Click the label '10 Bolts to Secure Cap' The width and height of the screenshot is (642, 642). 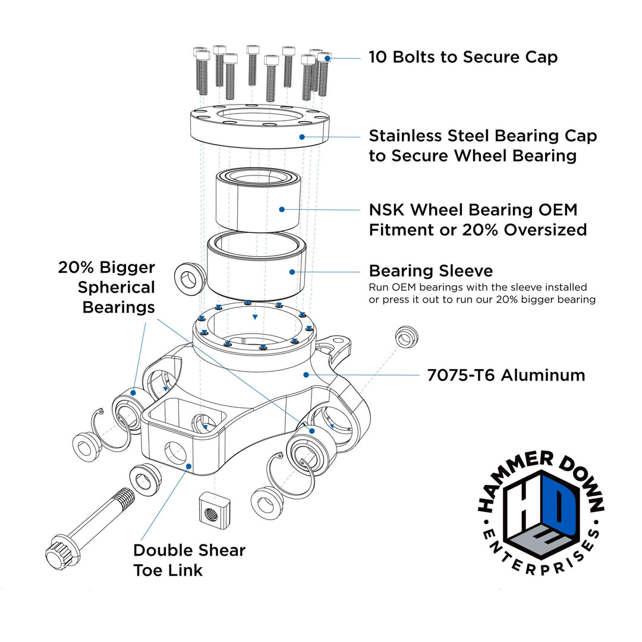click(462, 57)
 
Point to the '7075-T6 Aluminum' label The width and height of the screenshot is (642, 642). click(506, 375)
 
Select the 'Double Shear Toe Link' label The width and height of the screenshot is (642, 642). click(188, 560)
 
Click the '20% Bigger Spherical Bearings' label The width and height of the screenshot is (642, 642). click(106, 287)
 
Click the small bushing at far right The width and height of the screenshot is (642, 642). click(406, 336)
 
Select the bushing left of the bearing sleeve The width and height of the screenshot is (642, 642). click(189, 278)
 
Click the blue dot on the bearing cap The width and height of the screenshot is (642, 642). click(302, 137)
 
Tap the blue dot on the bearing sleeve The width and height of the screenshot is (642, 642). click(292, 272)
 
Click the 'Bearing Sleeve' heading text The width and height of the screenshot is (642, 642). click(430, 271)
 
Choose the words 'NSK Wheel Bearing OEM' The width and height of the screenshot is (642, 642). click(473, 210)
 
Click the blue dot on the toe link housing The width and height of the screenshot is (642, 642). click(188, 466)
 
